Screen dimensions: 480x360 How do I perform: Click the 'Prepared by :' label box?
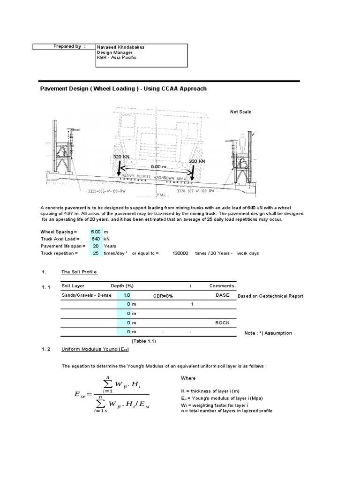pyautogui.click(x=64, y=46)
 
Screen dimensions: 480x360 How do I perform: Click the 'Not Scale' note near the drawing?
pyautogui.click(x=240, y=112)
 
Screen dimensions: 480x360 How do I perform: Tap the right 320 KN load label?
pyautogui.click(x=197, y=161)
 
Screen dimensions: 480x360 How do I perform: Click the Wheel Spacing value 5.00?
pyautogui.click(x=96, y=232)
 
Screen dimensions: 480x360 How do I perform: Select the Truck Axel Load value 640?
pyautogui.click(x=96, y=239)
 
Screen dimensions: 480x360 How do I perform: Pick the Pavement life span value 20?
pyautogui.click(x=96, y=246)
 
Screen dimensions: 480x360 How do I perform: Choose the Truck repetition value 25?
pyautogui.click(x=96, y=253)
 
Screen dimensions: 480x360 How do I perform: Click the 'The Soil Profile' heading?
pyautogui.click(x=80, y=272)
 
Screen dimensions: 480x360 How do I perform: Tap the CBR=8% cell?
pyautogui.click(x=163, y=296)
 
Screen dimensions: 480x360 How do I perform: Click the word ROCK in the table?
pyautogui.click(x=222, y=323)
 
